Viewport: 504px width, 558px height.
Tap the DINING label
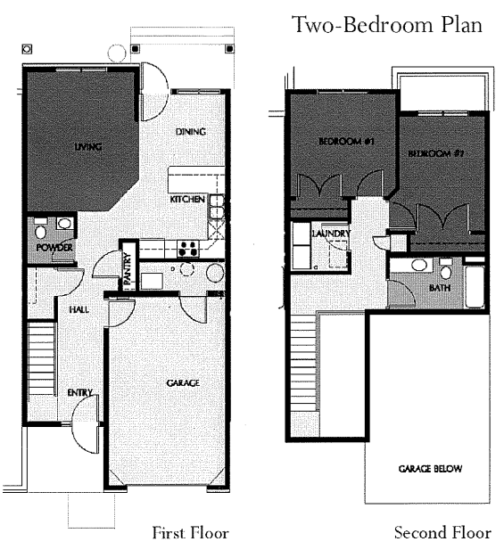(x=190, y=132)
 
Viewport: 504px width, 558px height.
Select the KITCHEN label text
(x=188, y=200)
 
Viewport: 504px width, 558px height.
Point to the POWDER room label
(x=54, y=247)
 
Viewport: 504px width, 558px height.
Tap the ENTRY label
(x=78, y=393)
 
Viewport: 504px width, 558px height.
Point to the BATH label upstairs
(x=440, y=289)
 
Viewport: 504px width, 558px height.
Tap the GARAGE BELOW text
(x=430, y=469)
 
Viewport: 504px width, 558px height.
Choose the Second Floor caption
(x=442, y=533)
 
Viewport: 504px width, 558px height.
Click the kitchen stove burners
(x=188, y=247)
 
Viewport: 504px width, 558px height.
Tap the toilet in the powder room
(x=65, y=225)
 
